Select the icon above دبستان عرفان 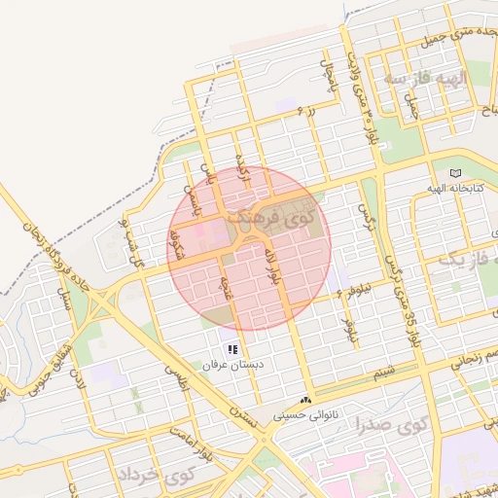(232, 348)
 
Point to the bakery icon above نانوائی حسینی (306, 400)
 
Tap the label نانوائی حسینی (308, 414)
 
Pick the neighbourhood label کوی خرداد (156, 476)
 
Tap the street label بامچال (329, 66)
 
